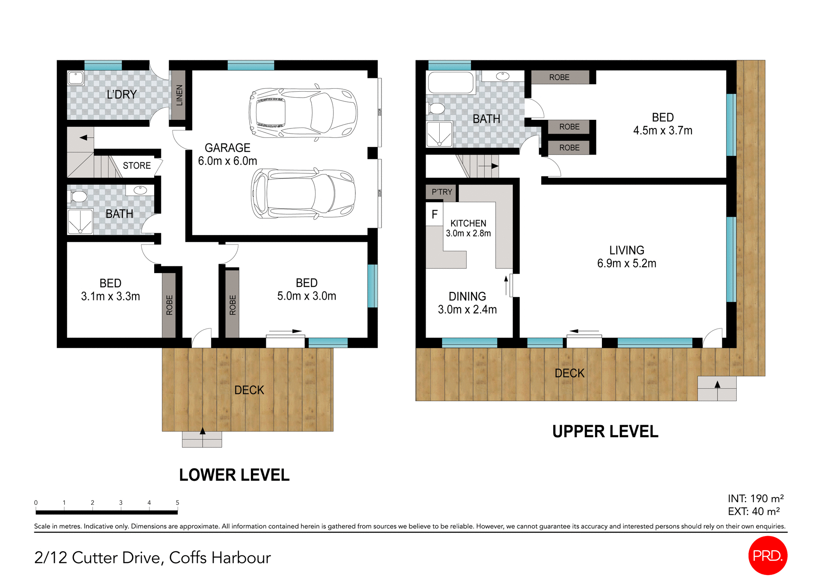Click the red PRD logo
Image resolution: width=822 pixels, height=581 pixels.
[768, 555]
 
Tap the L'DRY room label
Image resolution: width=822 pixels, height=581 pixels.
[122, 95]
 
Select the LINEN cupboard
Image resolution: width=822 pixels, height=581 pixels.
[179, 95]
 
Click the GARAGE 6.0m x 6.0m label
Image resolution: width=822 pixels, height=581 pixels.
[227, 154]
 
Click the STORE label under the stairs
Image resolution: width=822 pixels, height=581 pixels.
[137, 166]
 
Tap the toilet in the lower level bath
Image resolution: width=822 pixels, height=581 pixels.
[78, 197]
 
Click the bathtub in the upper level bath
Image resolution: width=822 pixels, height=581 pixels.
[450, 82]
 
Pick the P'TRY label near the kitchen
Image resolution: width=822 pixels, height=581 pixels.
[441, 192]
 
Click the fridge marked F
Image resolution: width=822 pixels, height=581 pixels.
[435, 214]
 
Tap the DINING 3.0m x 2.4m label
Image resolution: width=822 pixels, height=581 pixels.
[467, 303]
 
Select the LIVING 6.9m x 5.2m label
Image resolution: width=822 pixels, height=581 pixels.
[626, 256]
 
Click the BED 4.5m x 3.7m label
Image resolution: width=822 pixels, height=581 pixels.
[662, 124]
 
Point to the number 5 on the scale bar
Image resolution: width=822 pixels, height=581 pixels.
[177, 503]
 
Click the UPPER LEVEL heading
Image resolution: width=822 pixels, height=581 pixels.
[605, 432]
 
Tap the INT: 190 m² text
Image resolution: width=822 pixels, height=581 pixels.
[756, 498]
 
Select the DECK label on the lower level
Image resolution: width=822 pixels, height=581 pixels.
[249, 390]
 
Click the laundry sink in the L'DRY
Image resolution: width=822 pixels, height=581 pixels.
[76, 78]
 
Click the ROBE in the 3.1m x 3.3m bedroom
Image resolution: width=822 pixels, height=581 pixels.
[169, 305]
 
